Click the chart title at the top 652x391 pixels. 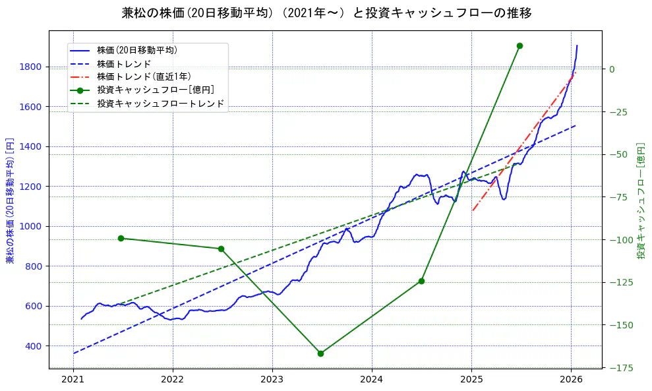tap(326, 13)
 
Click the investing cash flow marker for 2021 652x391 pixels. tap(121, 238)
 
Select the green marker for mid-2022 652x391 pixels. tap(221, 249)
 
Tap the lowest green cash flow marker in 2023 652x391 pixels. tap(320, 353)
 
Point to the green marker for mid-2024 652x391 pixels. tap(421, 281)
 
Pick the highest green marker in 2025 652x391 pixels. tap(519, 45)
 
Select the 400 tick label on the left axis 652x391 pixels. tap(34, 346)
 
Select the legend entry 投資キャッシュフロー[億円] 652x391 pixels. tap(155, 90)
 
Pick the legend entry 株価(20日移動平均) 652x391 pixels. tap(136, 49)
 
